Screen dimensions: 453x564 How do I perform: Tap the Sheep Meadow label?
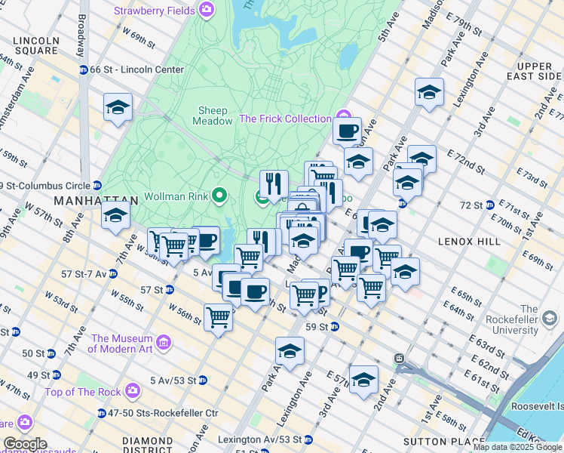[x=213, y=116]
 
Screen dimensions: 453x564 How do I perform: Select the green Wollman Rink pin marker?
[x=219, y=197]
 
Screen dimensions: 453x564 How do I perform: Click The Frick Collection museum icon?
[x=345, y=119]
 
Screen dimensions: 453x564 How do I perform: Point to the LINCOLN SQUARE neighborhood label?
[x=31, y=45]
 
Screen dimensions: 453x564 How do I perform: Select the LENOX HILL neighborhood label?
[x=468, y=241]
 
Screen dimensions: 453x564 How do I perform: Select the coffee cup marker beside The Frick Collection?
[x=347, y=131]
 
